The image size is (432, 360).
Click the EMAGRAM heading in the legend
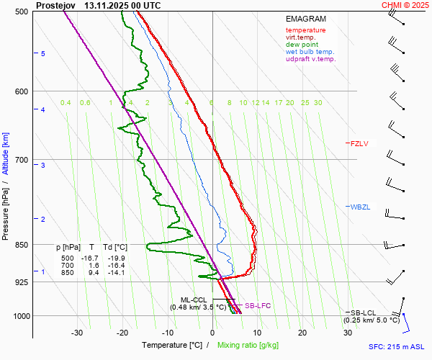coord(305,19)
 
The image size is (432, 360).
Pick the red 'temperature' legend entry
coord(305,30)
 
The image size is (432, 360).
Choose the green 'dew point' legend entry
coord(302,45)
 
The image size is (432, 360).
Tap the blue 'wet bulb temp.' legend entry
coord(310,52)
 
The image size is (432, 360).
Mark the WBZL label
coord(359,207)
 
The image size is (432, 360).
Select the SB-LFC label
coord(257,306)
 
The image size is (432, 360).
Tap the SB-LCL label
coord(364,312)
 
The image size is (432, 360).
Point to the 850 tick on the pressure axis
coord(22,245)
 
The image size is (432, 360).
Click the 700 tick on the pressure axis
coord(22,160)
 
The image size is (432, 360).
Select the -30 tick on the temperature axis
coord(77,333)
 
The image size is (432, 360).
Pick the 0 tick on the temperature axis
coord(212,333)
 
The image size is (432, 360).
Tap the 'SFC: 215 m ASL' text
coord(398,347)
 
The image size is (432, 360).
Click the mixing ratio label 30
coord(318,103)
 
